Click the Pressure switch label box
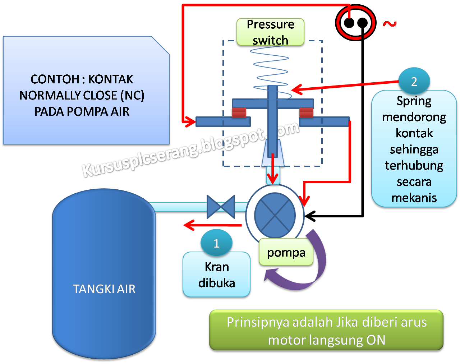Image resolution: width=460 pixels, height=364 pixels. coord(270,32)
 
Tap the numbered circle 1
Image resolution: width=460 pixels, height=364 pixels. coord(216,243)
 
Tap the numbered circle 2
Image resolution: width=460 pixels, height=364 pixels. coord(414,82)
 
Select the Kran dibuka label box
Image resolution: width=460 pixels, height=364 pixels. coord(216,275)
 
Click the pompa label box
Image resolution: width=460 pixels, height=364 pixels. coord(286,253)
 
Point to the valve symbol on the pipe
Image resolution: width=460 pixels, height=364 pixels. coord(221,207)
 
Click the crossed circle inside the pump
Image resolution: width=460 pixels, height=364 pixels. coord(275,216)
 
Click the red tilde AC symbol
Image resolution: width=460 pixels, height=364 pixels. coord(390,24)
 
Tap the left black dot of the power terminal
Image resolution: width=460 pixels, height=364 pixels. coord(349,23)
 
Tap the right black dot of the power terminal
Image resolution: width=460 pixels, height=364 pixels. coord(362,23)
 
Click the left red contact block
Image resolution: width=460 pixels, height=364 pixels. coord(239,112)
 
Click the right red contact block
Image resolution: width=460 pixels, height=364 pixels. coord(306,112)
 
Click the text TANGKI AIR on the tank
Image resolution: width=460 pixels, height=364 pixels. coord(104,289)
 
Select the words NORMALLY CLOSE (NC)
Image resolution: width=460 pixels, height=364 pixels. coord(82,95)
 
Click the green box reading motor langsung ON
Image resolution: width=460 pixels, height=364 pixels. coord(326,331)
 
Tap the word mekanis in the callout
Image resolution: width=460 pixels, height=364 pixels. coord(414,198)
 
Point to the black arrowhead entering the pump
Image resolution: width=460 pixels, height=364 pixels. coord(310,216)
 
